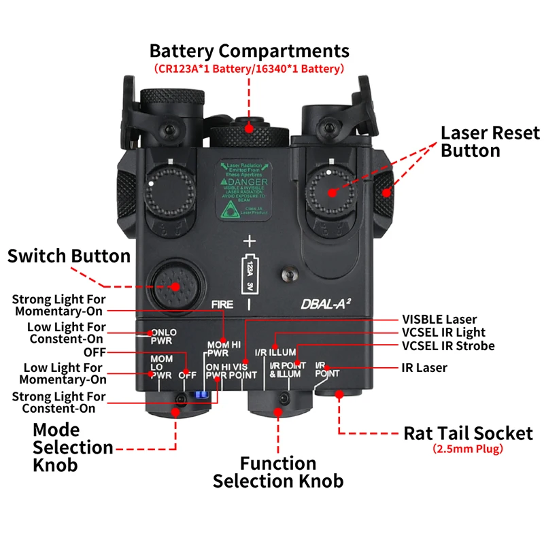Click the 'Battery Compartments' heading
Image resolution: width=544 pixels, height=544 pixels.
[249, 51]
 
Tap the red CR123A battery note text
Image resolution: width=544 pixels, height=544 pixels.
[249, 69]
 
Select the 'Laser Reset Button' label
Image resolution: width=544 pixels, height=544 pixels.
[490, 141]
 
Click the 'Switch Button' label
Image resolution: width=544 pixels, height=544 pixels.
[69, 256]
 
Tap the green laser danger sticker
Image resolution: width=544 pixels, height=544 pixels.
[243, 190]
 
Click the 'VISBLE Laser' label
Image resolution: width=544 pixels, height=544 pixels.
[439, 319]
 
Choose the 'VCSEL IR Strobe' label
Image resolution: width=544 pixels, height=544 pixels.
[448, 345]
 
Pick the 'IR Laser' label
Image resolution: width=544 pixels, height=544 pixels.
[424, 368]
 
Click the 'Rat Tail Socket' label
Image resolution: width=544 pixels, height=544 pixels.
[469, 433]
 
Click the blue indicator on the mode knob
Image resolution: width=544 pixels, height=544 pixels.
[199, 394]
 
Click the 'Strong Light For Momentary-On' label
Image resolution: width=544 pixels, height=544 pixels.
[58, 305]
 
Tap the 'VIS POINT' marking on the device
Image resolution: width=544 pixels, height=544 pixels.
[244, 371]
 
